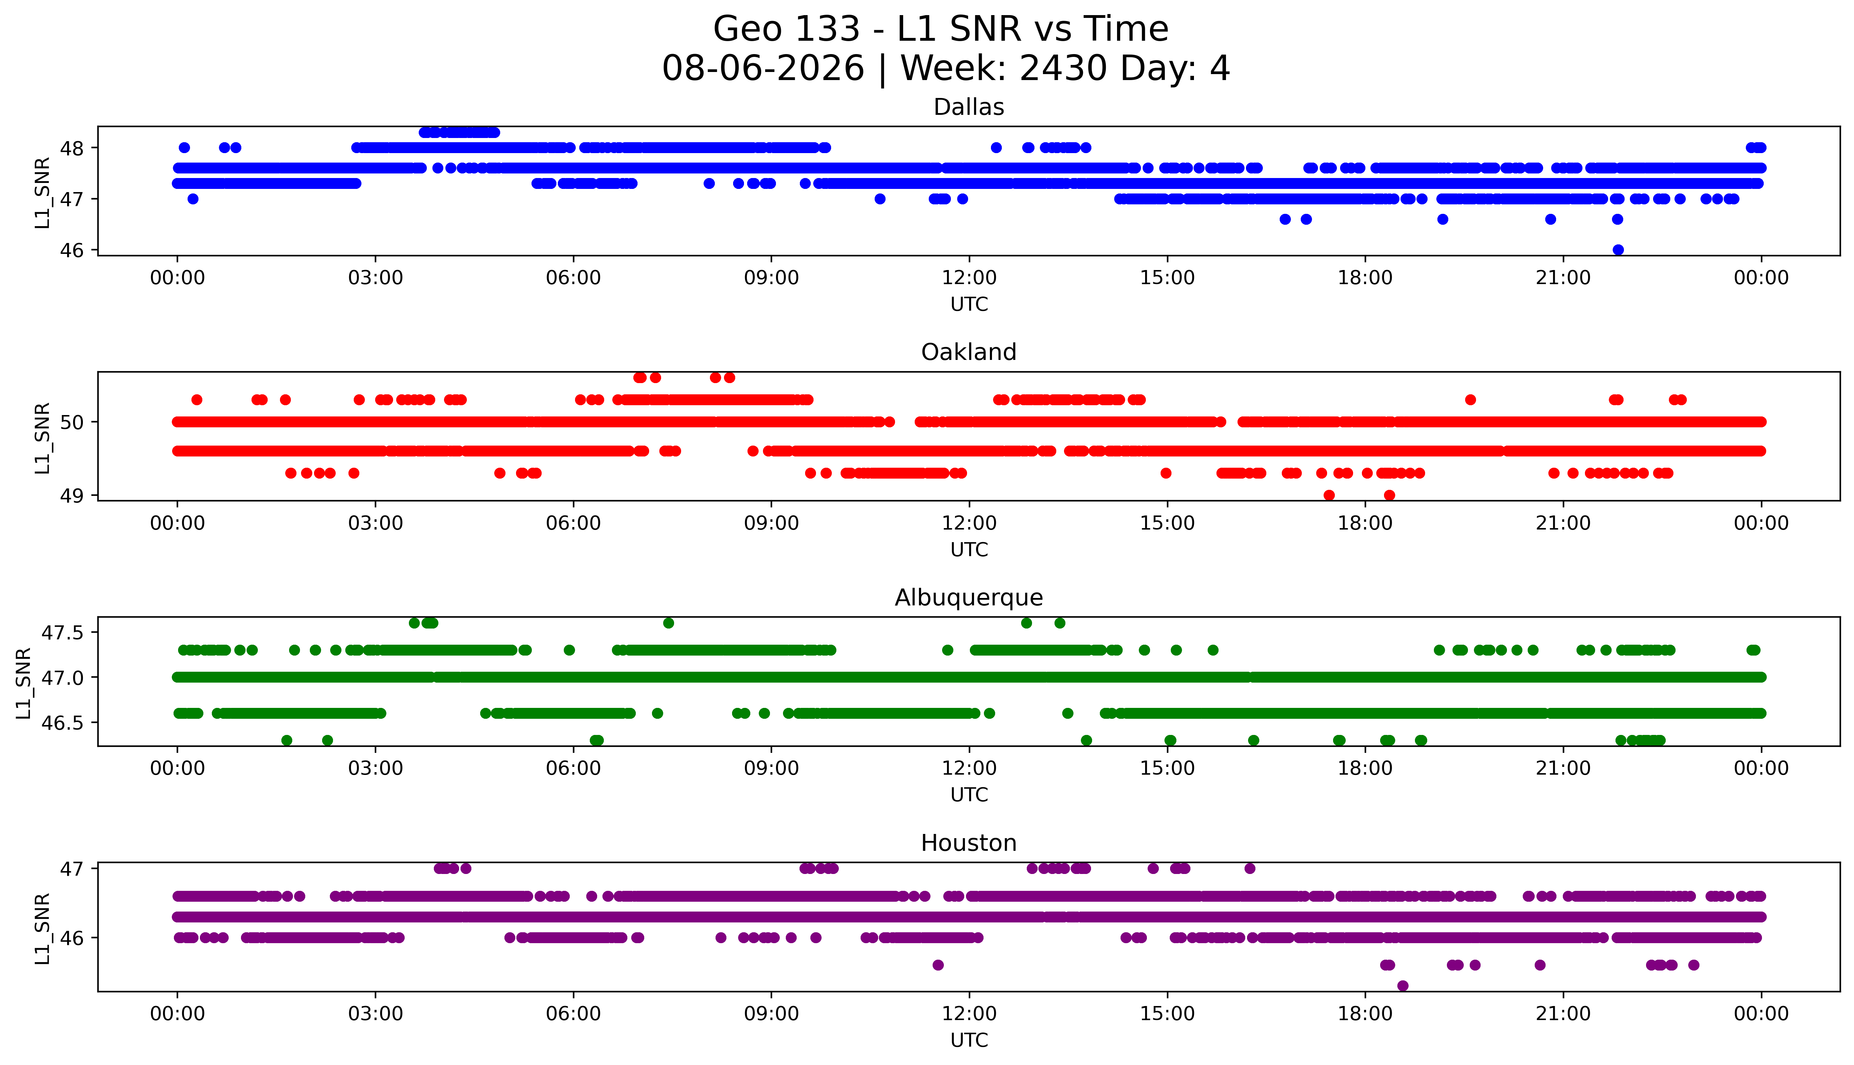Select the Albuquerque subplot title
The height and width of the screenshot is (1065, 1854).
click(x=969, y=598)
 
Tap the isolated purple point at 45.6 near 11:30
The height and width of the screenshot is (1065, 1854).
click(x=938, y=965)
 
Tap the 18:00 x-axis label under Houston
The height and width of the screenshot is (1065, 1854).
click(x=1365, y=1014)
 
